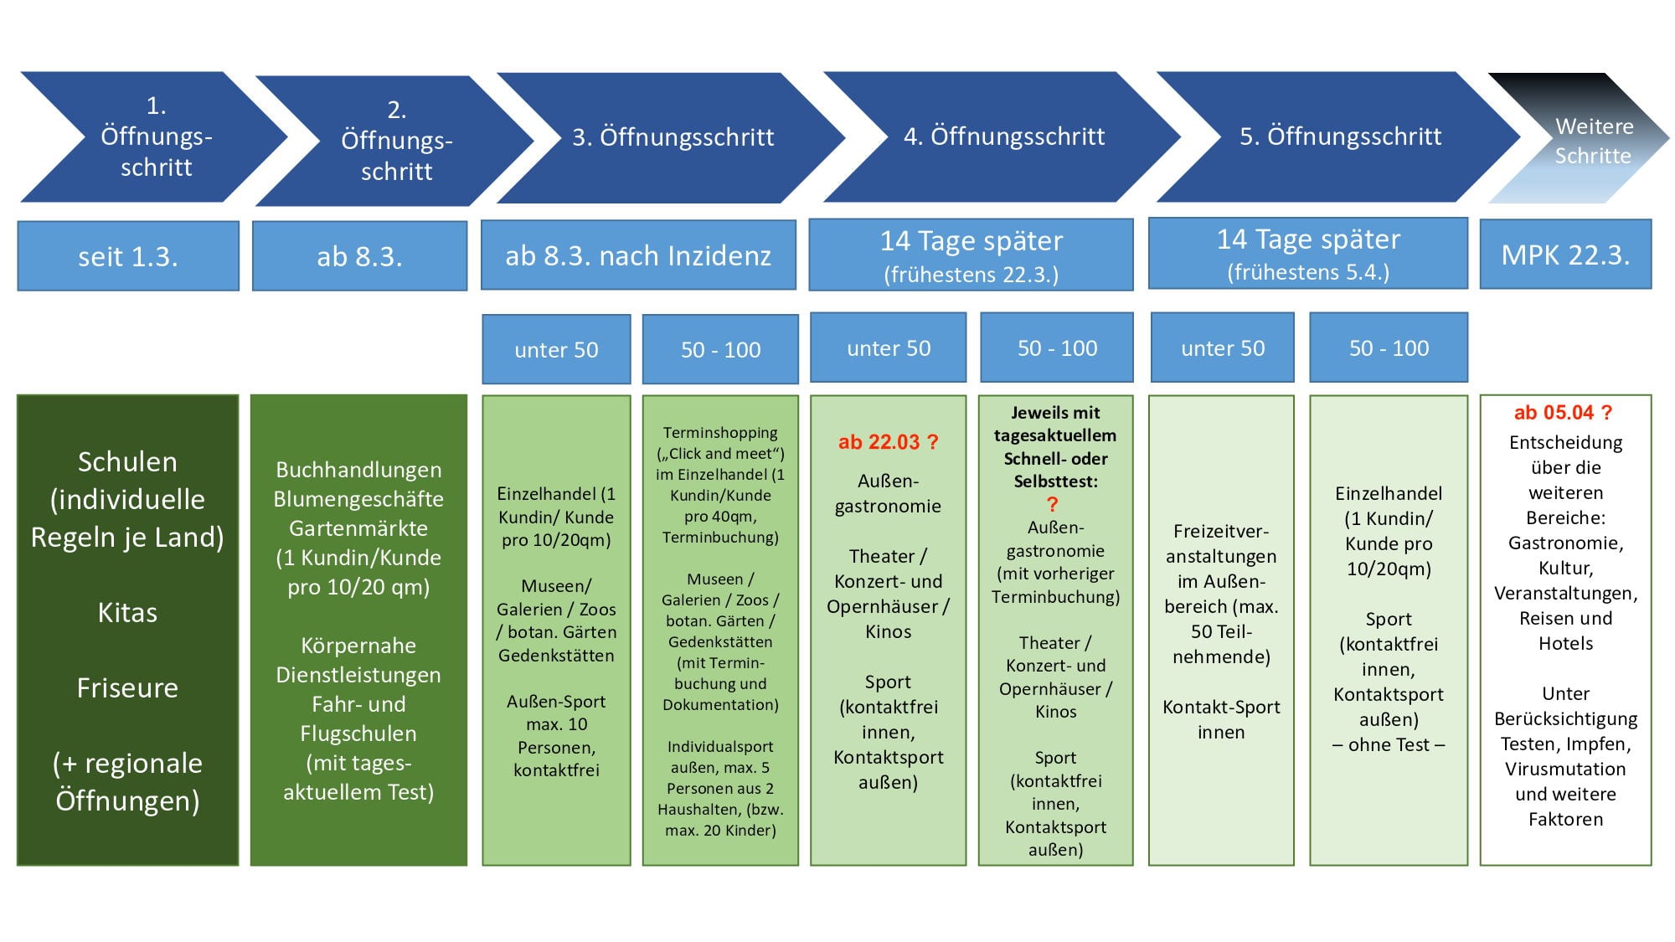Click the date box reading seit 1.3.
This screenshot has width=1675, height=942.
click(128, 256)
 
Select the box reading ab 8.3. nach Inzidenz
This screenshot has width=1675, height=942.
click(638, 255)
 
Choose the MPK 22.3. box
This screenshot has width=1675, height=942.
click(1565, 255)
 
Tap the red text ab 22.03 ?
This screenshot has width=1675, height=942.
click(888, 442)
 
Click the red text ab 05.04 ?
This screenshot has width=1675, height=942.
click(1563, 413)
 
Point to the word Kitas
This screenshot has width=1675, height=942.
click(127, 613)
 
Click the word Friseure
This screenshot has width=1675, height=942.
click(127, 688)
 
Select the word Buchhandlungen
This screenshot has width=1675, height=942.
click(358, 471)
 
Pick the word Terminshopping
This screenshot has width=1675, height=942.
click(720, 433)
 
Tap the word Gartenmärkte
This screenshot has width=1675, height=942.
click(358, 528)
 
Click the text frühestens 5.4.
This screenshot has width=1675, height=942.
click(1308, 273)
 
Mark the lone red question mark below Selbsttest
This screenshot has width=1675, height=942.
click(1053, 504)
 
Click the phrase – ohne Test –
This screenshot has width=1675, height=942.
click(1389, 744)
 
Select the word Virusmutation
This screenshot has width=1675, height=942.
click(1565, 770)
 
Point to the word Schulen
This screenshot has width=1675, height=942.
click(127, 462)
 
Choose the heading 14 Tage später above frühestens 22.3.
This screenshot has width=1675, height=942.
click(971, 241)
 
